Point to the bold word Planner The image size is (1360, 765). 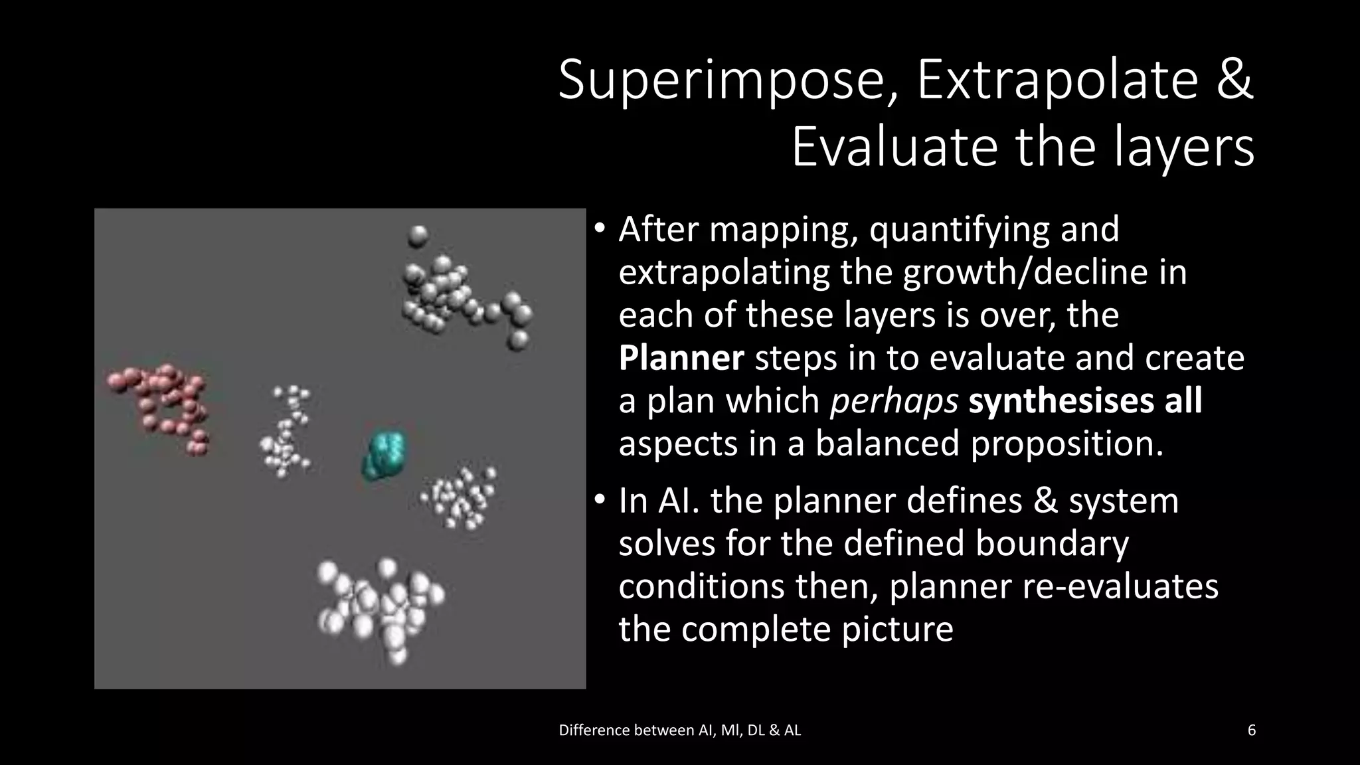click(681, 359)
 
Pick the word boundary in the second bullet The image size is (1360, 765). click(1052, 544)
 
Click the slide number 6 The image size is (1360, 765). click(1251, 730)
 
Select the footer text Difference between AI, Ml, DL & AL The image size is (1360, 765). click(679, 730)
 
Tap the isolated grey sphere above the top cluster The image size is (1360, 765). click(418, 235)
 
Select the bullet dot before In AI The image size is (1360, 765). click(599, 501)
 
